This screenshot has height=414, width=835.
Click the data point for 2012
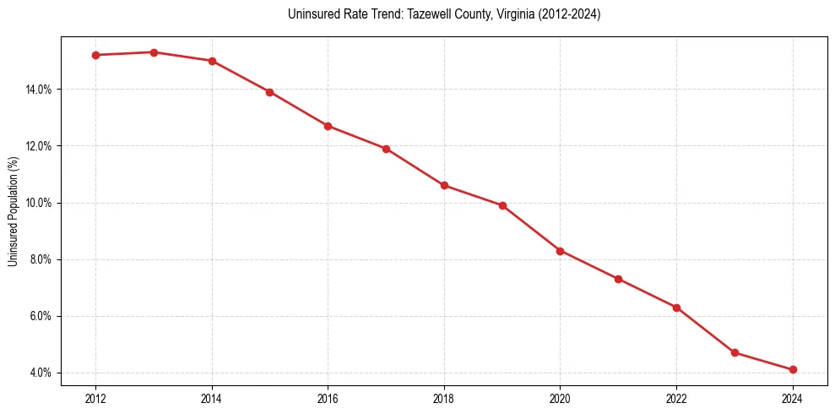click(x=95, y=55)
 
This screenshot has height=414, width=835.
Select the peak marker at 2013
click(x=154, y=52)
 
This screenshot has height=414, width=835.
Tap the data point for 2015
click(x=269, y=92)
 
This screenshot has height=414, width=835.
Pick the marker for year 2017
click(x=386, y=149)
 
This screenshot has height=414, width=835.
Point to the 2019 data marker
click(x=502, y=205)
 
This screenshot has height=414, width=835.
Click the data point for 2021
click(x=618, y=279)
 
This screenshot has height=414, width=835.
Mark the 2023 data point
click(x=735, y=352)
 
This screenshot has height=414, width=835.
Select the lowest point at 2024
click(x=793, y=369)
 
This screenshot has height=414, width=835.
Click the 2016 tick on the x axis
click(x=328, y=399)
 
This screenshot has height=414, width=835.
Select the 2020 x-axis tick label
click(x=560, y=399)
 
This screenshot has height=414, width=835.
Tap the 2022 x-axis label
click(x=676, y=399)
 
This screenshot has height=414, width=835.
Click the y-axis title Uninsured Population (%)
click(x=13, y=211)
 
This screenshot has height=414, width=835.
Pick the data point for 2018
click(x=444, y=186)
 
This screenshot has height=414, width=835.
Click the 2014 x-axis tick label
click(x=211, y=399)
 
